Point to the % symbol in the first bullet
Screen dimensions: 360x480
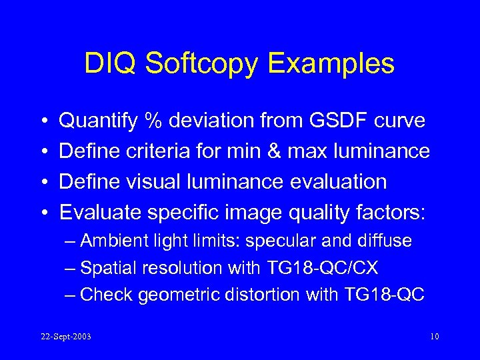coord(155,121)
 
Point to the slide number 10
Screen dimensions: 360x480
coord(434,337)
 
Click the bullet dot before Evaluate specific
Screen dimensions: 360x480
coord(43,213)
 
